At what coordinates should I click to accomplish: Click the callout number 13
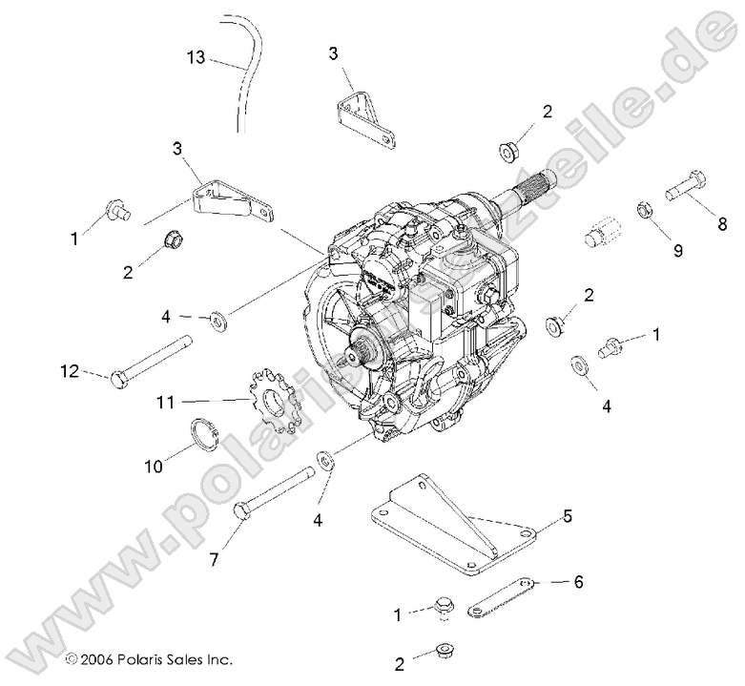(196, 57)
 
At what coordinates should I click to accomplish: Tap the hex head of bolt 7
(242, 514)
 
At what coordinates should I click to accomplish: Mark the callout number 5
(567, 517)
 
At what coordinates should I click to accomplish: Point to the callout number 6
(577, 580)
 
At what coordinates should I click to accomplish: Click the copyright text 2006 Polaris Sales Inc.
(149, 658)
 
